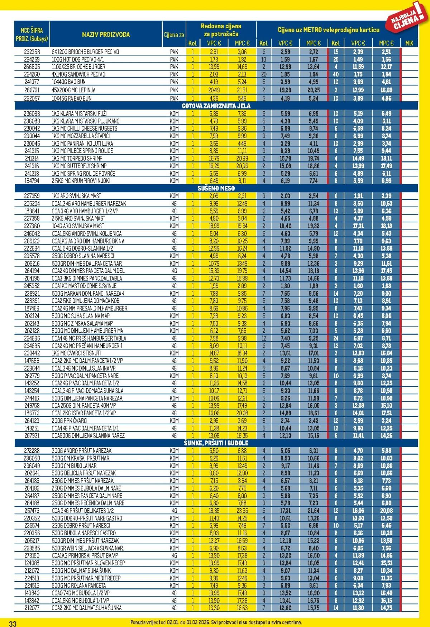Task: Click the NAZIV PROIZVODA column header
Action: coord(106,35)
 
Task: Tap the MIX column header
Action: coord(409,43)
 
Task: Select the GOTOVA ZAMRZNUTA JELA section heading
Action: coord(216,106)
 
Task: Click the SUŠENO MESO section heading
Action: coord(216,188)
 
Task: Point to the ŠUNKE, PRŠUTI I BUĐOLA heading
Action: coord(216,443)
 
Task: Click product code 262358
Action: coord(32,52)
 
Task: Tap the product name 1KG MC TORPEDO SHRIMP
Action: coord(77,158)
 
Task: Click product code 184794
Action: coord(32,181)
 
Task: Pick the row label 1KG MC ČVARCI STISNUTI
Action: coord(76,353)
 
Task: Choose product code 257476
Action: coord(32,511)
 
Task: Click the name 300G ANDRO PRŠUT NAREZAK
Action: coord(82,451)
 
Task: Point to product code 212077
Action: coord(32,608)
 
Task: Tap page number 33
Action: coord(13,623)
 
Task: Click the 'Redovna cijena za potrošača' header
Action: coord(221,30)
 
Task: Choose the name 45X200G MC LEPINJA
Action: coord(73,90)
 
